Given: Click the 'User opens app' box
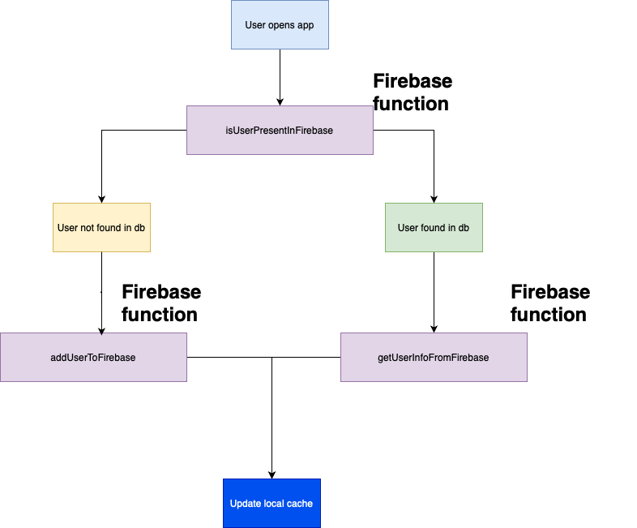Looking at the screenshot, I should [280, 25].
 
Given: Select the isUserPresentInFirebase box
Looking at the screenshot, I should [280, 130].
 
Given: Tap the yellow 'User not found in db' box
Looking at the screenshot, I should [101, 227].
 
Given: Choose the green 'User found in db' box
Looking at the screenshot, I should [434, 227].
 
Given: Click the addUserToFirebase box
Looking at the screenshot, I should [93, 357].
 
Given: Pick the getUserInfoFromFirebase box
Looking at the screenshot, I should [434, 357].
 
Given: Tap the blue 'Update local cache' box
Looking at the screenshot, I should [271, 504].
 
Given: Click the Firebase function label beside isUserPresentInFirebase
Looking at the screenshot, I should [412, 92].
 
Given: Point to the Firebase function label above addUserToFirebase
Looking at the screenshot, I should [160, 303].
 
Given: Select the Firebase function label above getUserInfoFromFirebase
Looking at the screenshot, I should [549, 303].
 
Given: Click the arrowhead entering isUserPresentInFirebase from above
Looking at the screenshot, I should [280, 101].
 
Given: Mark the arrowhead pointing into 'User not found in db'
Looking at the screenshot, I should [101, 199].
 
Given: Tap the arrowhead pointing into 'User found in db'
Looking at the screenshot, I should [434, 199].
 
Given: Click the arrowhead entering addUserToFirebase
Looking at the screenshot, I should [101, 328].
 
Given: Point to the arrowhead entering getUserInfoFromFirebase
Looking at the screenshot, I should [434, 328].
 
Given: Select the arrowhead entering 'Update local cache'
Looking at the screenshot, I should [271, 474].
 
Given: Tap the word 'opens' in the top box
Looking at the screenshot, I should [280, 25].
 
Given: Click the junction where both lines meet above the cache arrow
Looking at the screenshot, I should [271, 357].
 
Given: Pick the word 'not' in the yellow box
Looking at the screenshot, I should [88, 227].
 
